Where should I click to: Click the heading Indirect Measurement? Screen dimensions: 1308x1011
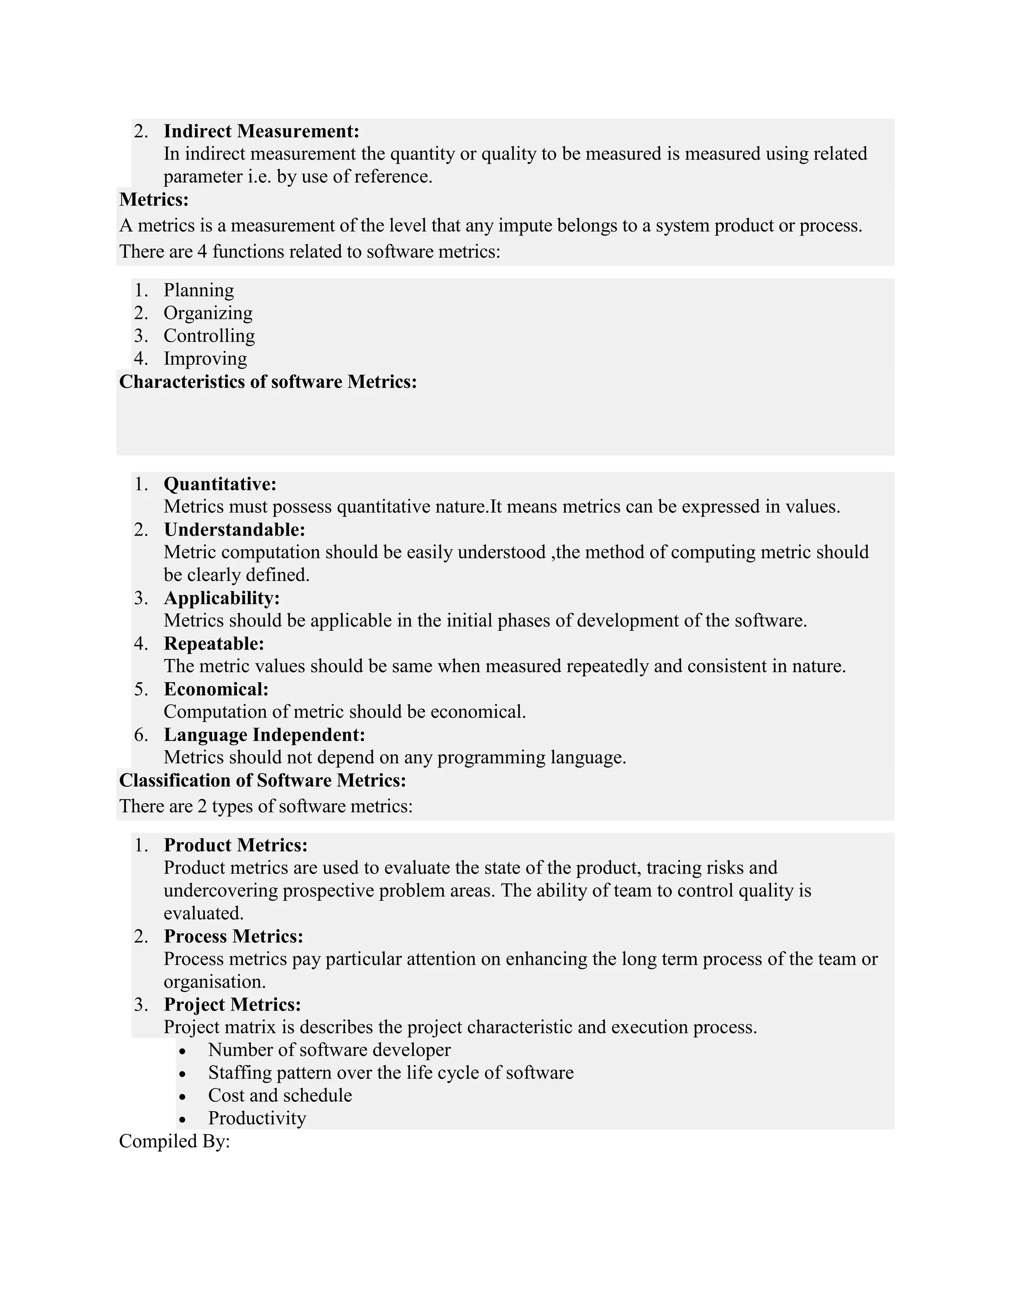261,131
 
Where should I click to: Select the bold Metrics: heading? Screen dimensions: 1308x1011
154,199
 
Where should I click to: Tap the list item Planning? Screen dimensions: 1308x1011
198,290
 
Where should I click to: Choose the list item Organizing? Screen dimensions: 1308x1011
208,313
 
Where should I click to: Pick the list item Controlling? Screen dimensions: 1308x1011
209,336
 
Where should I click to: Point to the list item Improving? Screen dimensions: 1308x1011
205,359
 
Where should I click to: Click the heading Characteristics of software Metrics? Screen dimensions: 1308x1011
268,382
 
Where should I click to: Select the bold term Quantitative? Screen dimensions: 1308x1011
220,484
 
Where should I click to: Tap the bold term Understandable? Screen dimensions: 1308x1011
234,530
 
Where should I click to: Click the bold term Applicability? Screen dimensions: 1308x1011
222,598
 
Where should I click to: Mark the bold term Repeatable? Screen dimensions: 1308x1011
214,644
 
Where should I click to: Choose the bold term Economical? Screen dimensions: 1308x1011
216,690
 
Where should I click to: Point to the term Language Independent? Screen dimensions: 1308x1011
264,735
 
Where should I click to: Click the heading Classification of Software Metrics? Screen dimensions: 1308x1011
262,780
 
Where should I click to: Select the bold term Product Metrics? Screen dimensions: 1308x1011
235,845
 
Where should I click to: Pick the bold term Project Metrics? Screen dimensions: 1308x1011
232,1004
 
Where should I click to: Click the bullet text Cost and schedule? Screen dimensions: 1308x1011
280,1095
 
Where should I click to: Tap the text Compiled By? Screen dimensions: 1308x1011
174,1142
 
